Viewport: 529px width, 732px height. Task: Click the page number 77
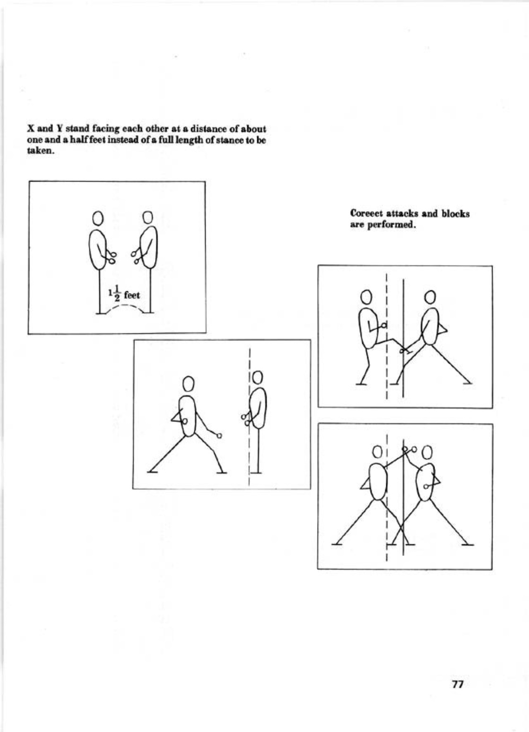pos(458,684)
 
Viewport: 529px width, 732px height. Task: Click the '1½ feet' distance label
pos(124,294)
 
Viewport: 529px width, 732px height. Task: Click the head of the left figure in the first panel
pos(98,218)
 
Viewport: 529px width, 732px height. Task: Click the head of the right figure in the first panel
pos(147,217)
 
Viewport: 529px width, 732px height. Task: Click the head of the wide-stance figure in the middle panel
pos(189,383)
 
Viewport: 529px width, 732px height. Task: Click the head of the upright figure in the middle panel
pos(258,377)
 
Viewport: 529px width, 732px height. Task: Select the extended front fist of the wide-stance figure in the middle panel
pos(219,436)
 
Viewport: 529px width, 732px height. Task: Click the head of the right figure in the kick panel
pos(430,296)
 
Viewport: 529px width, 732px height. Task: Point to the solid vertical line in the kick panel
pos(403,338)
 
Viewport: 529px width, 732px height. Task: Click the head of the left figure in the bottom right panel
pos(377,453)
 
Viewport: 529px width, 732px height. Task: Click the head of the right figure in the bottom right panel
pos(428,453)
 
